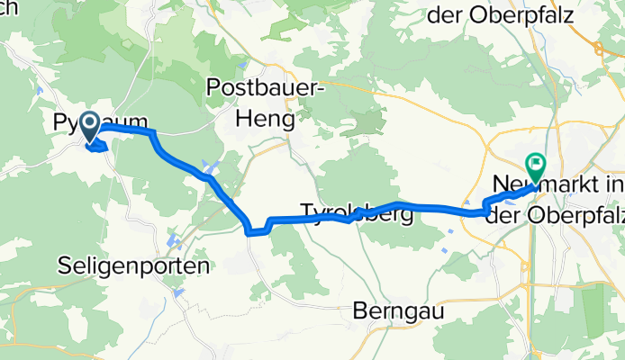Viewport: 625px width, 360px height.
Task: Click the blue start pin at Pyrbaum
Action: click(x=91, y=127)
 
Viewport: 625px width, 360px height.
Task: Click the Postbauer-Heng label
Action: click(x=263, y=103)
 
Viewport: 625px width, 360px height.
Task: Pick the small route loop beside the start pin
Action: click(x=104, y=147)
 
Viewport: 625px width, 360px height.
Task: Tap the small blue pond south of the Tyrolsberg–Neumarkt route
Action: click(x=448, y=239)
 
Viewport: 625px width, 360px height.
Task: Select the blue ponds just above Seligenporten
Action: click(x=172, y=242)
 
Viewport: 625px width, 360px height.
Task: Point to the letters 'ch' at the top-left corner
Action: click(x=9, y=7)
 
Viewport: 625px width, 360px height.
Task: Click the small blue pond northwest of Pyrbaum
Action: click(x=38, y=89)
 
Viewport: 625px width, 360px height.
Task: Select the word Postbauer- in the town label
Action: click(x=263, y=88)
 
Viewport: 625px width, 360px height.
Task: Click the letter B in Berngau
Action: click(x=358, y=310)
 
